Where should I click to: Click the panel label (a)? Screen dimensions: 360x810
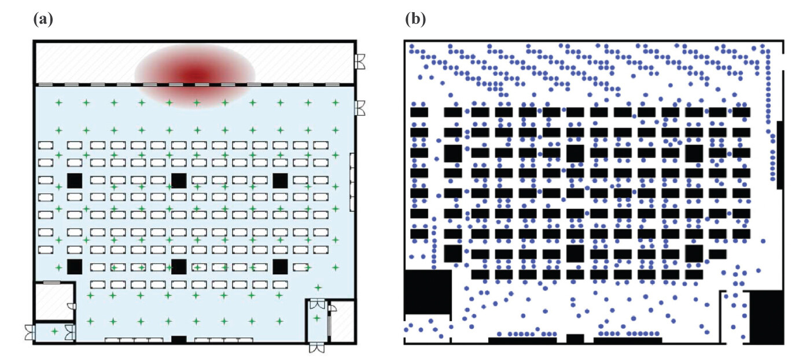[x=43, y=19]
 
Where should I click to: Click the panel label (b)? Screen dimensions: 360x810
[x=415, y=19]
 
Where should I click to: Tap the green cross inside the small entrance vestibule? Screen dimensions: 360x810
[x=54, y=331]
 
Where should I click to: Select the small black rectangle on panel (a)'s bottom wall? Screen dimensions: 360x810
[x=179, y=339]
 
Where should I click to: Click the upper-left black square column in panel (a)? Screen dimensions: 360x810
[x=74, y=180]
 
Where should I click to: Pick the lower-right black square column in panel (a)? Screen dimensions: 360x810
[x=281, y=266]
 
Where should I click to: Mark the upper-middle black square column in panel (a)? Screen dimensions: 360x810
[x=179, y=180]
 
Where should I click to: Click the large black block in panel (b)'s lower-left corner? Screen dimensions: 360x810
[x=428, y=292]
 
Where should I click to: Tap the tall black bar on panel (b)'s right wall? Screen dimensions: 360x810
[x=779, y=155]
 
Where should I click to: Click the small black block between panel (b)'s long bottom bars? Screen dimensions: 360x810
[x=575, y=339]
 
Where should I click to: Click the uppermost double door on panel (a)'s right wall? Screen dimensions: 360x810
[x=360, y=61]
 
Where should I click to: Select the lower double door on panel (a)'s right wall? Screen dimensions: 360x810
[x=360, y=107]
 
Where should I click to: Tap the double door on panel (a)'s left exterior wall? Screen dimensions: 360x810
[x=30, y=332]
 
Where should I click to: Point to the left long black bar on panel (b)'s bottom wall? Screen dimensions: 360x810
[x=522, y=340]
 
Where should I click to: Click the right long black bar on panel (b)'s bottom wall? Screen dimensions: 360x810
[x=628, y=340]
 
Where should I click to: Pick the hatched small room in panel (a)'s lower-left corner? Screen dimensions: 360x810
[x=53, y=300]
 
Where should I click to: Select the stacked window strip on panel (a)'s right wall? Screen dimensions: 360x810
[x=352, y=182]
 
